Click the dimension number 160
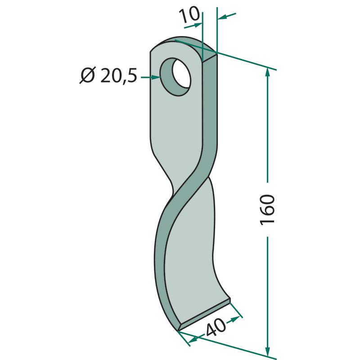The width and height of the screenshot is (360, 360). (x=267, y=210)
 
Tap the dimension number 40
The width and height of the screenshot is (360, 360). (x=216, y=327)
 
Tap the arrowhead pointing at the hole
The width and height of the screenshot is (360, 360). (x=156, y=77)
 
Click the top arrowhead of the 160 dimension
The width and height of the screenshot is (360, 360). (x=267, y=72)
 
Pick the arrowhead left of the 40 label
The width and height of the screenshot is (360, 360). (x=194, y=339)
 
